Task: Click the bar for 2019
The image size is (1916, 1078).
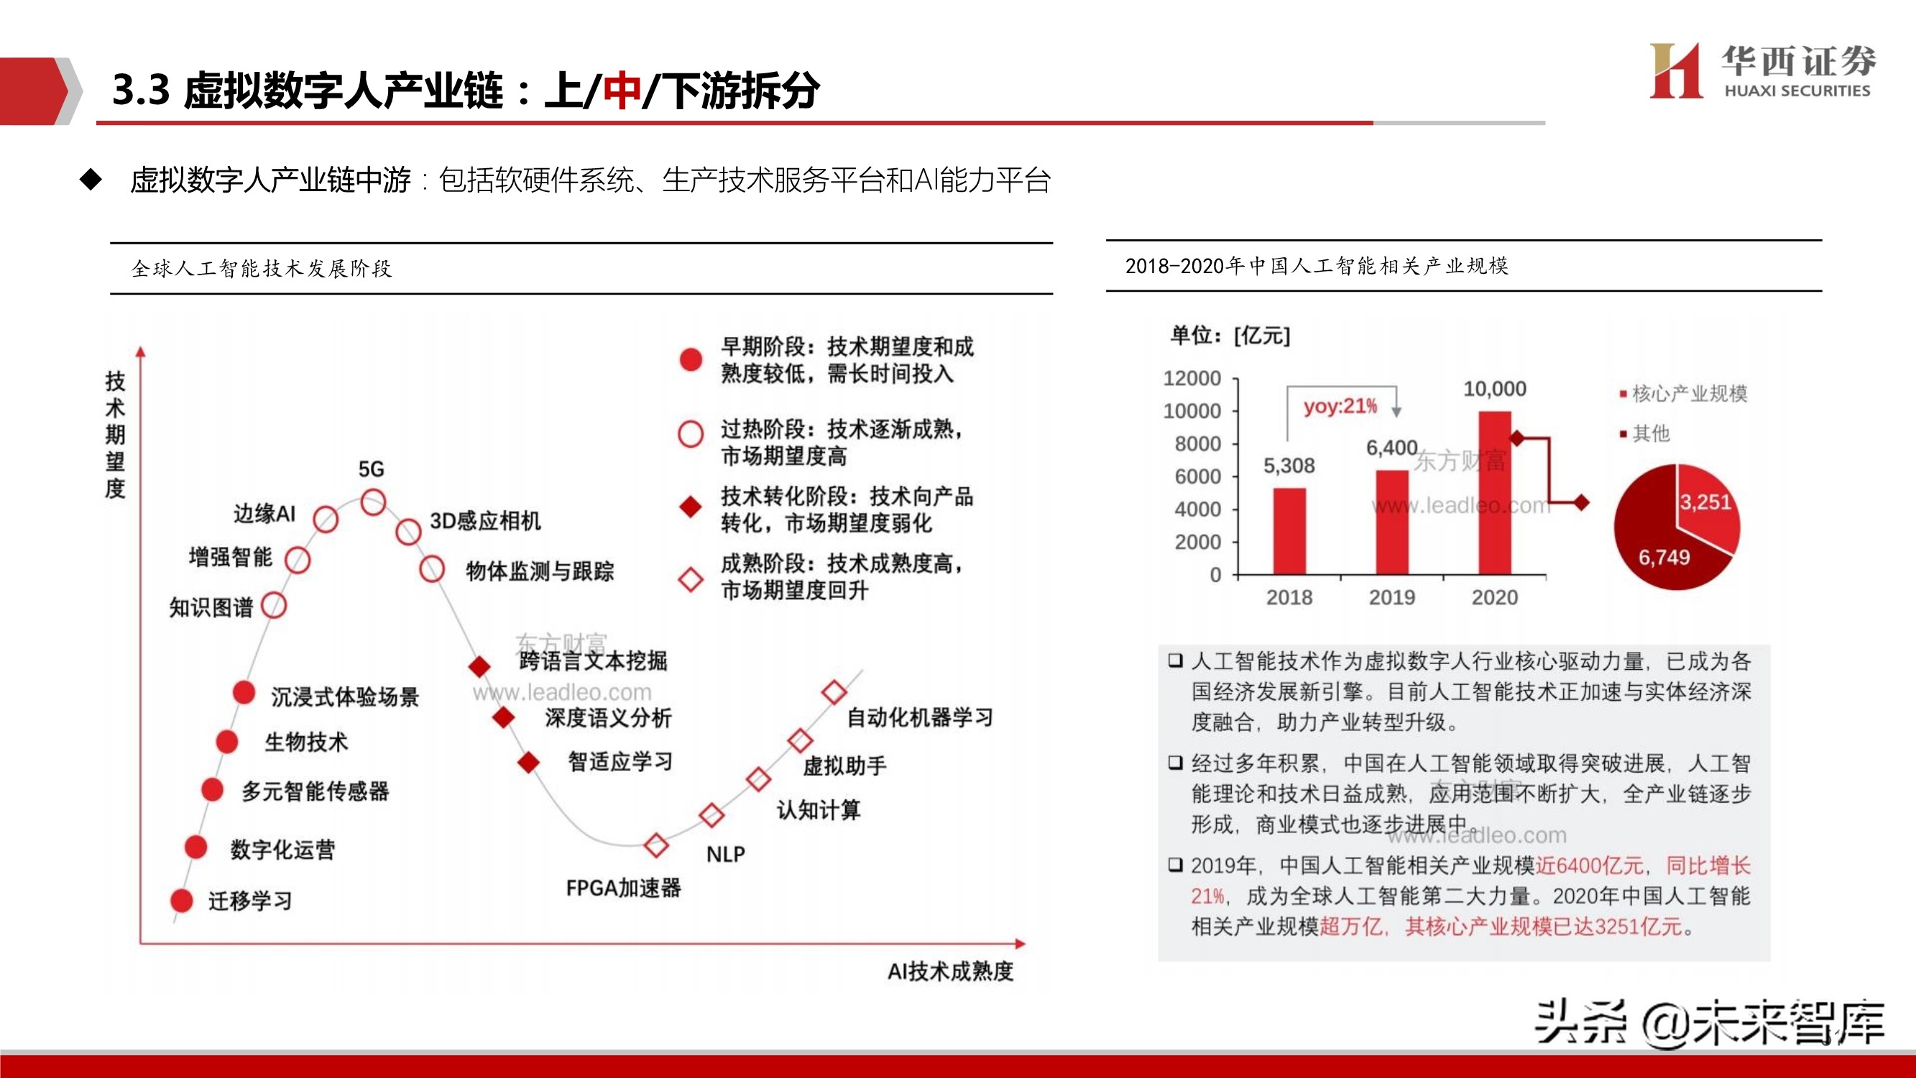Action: [1391, 522]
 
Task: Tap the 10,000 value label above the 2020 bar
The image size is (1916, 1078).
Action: [1494, 388]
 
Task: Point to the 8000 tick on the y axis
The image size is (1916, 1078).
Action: [1197, 444]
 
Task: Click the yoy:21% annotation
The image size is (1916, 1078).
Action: [1340, 406]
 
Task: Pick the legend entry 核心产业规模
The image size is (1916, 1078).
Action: [1687, 394]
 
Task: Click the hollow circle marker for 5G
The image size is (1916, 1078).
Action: [373, 502]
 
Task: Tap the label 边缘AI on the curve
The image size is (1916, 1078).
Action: [264, 513]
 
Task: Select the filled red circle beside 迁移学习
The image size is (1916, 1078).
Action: [182, 900]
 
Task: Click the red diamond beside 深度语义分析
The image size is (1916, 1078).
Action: [505, 717]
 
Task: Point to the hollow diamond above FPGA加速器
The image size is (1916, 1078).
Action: [655, 844]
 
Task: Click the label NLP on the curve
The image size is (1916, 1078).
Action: [725, 854]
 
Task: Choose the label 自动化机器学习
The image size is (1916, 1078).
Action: [920, 717]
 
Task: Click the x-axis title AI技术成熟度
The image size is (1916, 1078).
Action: [950, 971]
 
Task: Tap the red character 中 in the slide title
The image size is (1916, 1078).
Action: [621, 91]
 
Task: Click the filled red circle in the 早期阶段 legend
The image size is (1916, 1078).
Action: [691, 359]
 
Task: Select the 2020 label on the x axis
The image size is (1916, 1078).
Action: [1494, 597]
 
